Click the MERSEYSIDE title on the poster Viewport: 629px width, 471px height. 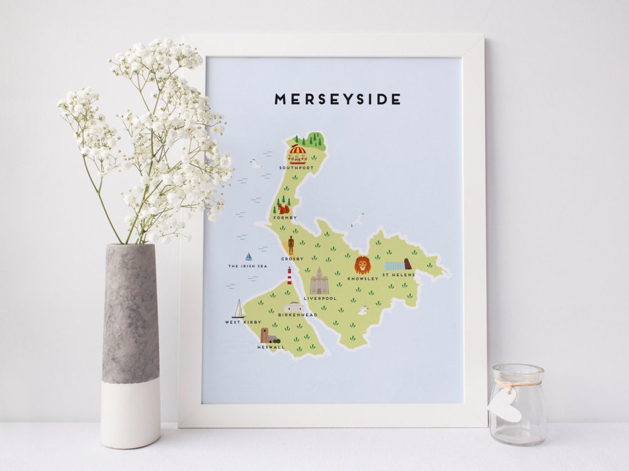pos(337,100)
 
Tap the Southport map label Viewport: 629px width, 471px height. pos(296,168)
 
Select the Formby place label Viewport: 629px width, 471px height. pos(284,218)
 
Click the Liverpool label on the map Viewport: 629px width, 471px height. pos(320,298)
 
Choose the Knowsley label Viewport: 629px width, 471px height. pos(363,278)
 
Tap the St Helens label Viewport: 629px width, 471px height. pos(398,274)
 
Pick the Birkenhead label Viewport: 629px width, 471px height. pos(297,315)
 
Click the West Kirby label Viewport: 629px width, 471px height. pos(243,322)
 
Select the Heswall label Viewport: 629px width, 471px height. pos(271,347)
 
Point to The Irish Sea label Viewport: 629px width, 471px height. pos(247,266)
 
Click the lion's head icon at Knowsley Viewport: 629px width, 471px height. pos(362,265)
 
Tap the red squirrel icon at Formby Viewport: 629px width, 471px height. pos(284,208)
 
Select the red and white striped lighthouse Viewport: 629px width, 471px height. pos(289,275)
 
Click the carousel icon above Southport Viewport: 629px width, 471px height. pos(297,154)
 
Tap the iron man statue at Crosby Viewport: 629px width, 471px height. pos(291,245)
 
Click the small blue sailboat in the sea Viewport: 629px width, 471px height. pos(249,256)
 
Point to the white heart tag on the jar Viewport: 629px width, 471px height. pos(504,405)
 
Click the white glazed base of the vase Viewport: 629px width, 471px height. pos(130,413)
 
